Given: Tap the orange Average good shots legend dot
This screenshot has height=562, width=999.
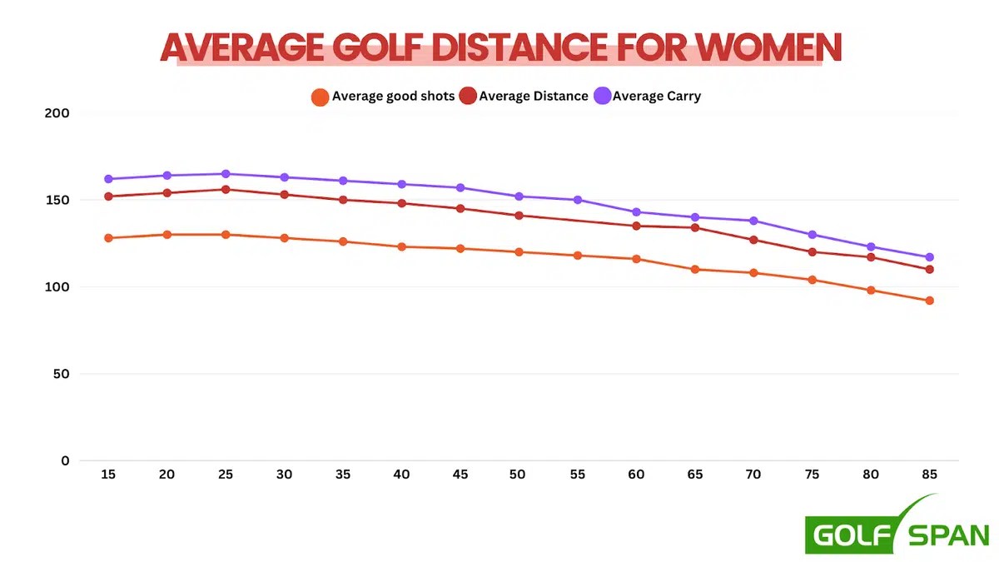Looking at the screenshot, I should point(320,97).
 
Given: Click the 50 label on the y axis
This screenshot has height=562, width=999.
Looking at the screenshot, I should point(61,374).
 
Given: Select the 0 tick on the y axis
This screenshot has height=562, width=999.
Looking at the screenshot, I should point(66,460).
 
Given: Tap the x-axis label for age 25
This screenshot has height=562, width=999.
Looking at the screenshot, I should point(226,475).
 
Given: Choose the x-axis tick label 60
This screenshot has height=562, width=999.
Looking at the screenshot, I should point(636,475).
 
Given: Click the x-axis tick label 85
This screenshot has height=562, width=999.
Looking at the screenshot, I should point(929,475).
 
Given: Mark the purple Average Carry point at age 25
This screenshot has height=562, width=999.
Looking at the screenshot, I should point(226,174).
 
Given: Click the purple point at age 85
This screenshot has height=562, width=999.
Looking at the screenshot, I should point(930,257).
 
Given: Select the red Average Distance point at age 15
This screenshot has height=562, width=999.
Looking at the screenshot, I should point(108,196).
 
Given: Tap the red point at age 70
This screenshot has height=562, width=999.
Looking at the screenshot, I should point(753,240).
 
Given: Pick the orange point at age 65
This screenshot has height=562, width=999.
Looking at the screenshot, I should point(695,269).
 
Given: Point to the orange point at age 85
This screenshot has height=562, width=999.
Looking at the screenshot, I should point(930,301).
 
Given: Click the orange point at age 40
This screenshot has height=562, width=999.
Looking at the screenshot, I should point(401,246).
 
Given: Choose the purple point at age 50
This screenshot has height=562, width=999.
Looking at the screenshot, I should point(519,196).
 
